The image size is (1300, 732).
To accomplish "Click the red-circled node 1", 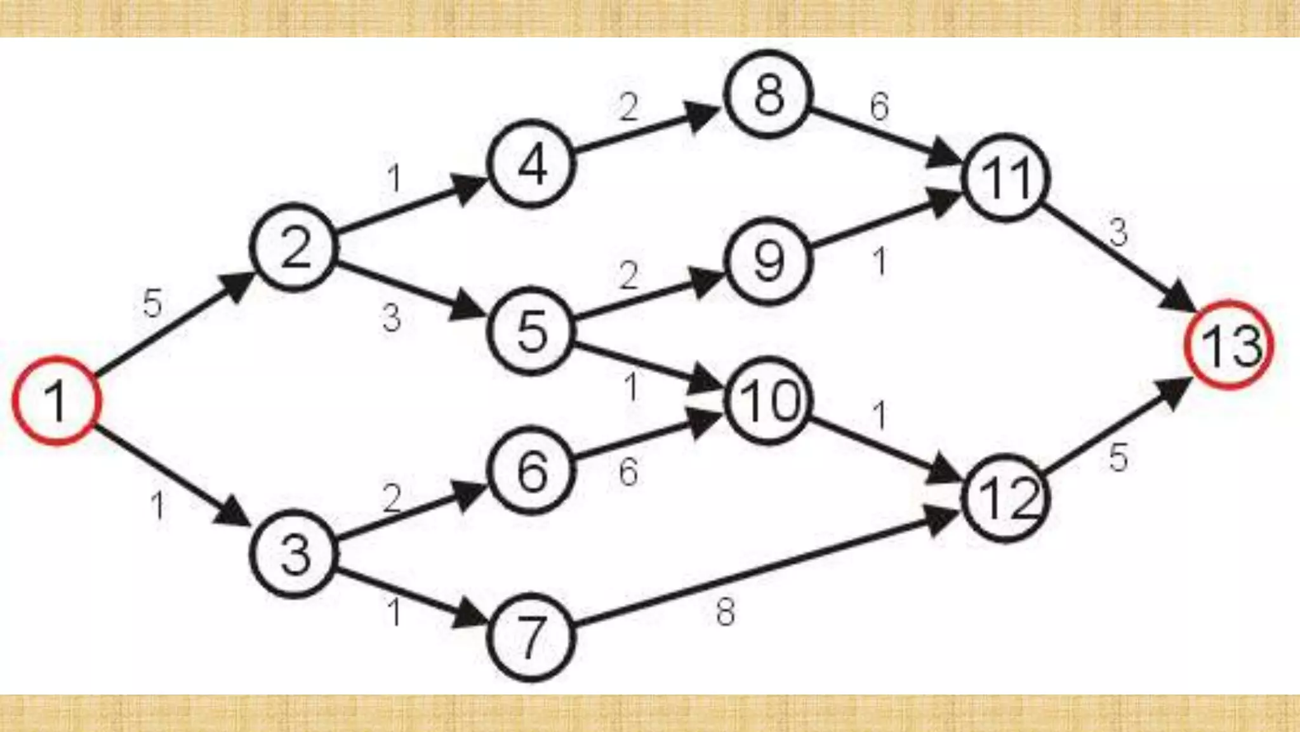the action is pyautogui.click(x=56, y=400).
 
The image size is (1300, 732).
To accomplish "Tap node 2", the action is pyautogui.click(x=295, y=247).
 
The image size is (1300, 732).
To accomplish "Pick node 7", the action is pyautogui.click(x=531, y=637).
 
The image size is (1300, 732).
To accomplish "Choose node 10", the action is pyautogui.click(x=769, y=400).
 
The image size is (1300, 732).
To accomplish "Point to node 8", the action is pyautogui.click(x=769, y=94).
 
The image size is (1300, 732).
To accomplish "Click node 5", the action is pyautogui.click(x=531, y=331).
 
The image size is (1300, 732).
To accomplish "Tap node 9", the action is pyautogui.click(x=769, y=261).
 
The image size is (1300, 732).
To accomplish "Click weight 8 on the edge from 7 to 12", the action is pyautogui.click(x=726, y=613).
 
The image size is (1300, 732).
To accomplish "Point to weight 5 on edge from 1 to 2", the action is pyautogui.click(x=152, y=303).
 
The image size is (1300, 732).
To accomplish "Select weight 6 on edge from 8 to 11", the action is pyautogui.click(x=879, y=106).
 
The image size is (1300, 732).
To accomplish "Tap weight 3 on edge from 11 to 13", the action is pyautogui.click(x=1118, y=232).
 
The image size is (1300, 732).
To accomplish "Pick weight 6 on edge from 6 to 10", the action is pyautogui.click(x=628, y=473).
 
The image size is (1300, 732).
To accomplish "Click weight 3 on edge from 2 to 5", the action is pyautogui.click(x=392, y=318).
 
